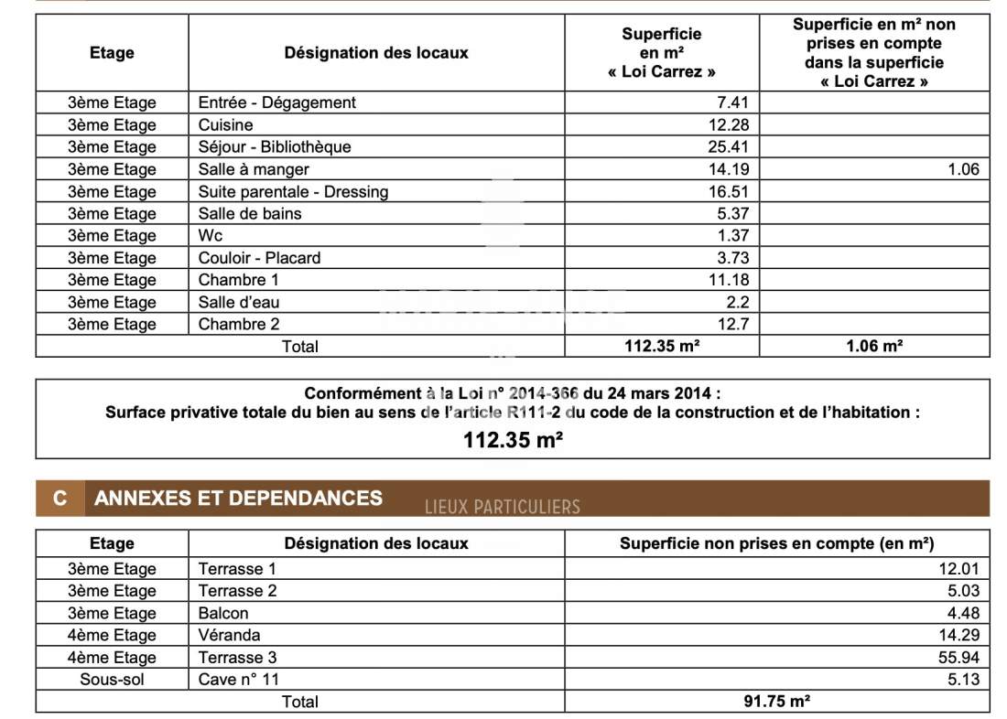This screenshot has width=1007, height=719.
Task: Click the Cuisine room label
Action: pyautogui.click(x=225, y=125)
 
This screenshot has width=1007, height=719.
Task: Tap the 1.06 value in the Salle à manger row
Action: pyautogui.click(x=963, y=169)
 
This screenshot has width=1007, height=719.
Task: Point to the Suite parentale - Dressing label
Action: pyautogui.click(x=293, y=192)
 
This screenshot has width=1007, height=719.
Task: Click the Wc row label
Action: pyautogui.click(x=211, y=236)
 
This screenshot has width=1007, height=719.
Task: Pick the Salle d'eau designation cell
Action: pyautogui.click(x=239, y=303)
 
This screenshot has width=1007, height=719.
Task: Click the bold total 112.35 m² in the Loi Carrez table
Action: pyautogui.click(x=662, y=346)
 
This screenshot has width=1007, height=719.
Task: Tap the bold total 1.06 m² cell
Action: pyautogui.click(x=873, y=346)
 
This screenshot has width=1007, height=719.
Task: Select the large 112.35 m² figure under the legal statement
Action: pyautogui.click(x=513, y=439)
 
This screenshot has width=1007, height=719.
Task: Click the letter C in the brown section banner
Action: pyautogui.click(x=60, y=499)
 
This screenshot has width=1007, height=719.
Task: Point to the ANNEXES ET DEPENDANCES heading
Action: pyautogui.click(x=239, y=499)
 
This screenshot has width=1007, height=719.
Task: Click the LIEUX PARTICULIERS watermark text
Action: pyautogui.click(x=503, y=507)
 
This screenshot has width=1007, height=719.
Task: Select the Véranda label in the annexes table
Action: pyautogui.click(x=229, y=636)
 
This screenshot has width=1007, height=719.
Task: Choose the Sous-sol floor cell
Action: pyautogui.click(x=112, y=680)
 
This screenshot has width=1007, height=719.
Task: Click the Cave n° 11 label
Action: pyautogui.click(x=239, y=680)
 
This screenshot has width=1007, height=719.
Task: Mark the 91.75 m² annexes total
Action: pyautogui.click(x=776, y=702)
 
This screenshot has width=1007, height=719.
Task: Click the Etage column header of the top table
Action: pyautogui.click(x=112, y=53)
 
